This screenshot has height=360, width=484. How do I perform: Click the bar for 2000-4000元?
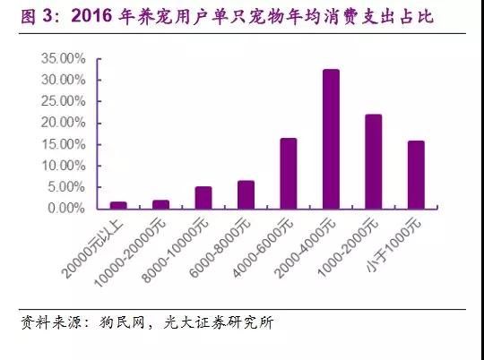[331, 139]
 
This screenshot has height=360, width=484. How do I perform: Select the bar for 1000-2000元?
[374, 162]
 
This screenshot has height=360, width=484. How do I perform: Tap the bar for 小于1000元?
[416, 175]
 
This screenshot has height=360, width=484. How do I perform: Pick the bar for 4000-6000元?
[289, 174]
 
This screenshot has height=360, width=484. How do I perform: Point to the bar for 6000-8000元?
[246, 195]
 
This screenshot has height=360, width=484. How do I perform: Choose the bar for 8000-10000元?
[203, 198]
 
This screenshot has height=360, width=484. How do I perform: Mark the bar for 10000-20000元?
[160, 204]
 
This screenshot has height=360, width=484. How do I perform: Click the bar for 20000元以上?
[118, 205]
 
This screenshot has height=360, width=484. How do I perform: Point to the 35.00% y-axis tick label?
[63, 58]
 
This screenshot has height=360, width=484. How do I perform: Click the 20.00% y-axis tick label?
[63, 123]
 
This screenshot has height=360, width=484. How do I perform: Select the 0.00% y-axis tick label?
[66, 209]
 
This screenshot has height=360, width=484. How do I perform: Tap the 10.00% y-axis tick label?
[63, 166]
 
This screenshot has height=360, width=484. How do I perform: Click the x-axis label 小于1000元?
[393, 245]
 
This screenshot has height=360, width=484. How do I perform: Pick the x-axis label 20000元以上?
[92, 248]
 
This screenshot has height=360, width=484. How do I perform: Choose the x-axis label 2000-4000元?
[305, 248]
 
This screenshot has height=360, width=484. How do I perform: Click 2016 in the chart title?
[91, 15]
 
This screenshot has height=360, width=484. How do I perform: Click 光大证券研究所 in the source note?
[218, 322]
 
